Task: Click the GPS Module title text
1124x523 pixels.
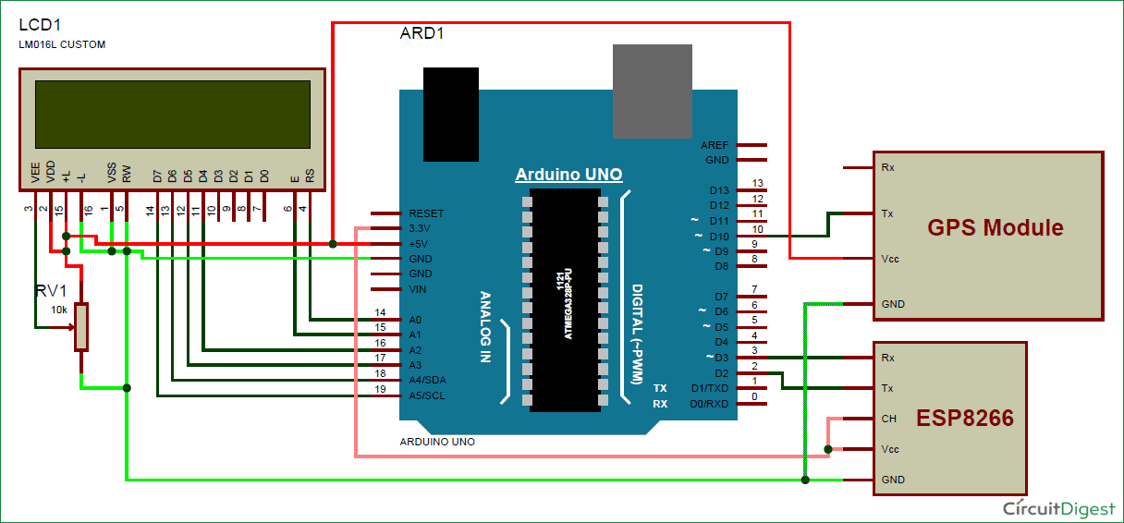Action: coord(995,227)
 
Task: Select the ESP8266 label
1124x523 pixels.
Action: coord(964,419)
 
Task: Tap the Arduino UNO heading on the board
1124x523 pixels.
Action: coord(568,175)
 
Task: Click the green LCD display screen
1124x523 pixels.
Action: coord(172,115)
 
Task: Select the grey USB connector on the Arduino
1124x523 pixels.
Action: coord(652,91)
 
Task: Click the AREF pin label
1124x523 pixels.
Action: coord(715,145)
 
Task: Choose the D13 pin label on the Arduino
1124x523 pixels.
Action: coord(718,191)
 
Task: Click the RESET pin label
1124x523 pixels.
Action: coord(426,213)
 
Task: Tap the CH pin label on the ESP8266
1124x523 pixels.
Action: coord(888,419)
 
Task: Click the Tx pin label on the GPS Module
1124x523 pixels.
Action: coord(887,213)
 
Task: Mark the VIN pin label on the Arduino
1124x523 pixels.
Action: coord(418,289)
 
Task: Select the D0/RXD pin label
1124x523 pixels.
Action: coord(709,403)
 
